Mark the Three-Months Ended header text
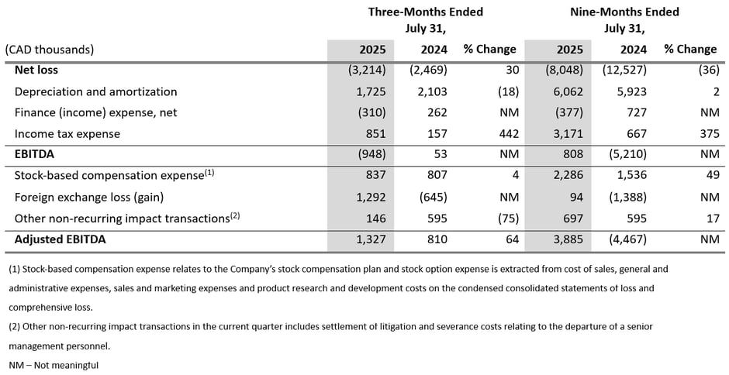(425, 12)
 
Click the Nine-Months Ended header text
(624, 12)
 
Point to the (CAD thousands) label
(50, 49)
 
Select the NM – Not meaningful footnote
(54, 364)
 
